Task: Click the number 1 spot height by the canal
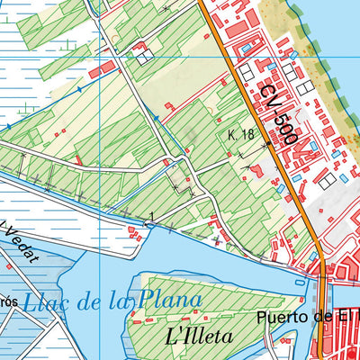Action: click(x=153, y=215)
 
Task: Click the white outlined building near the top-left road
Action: click(x=143, y=57)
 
